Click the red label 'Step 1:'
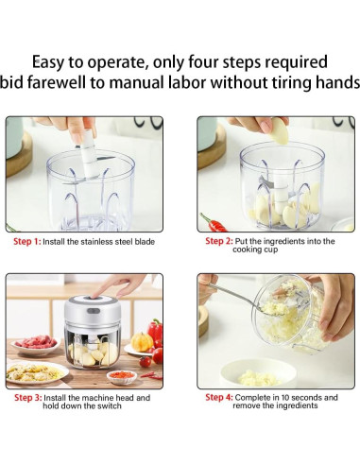click(x=27, y=242)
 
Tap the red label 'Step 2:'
click(x=219, y=241)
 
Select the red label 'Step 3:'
click(x=27, y=398)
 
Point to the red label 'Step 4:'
click(x=219, y=397)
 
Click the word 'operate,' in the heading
click(x=118, y=62)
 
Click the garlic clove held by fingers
click(x=280, y=130)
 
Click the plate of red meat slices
click(x=36, y=344)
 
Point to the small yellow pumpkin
click(x=142, y=341)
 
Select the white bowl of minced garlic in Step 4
click(x=258, y=372)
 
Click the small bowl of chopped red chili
click(x=122, y=377)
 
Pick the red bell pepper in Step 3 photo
click(x=155, y=332)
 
